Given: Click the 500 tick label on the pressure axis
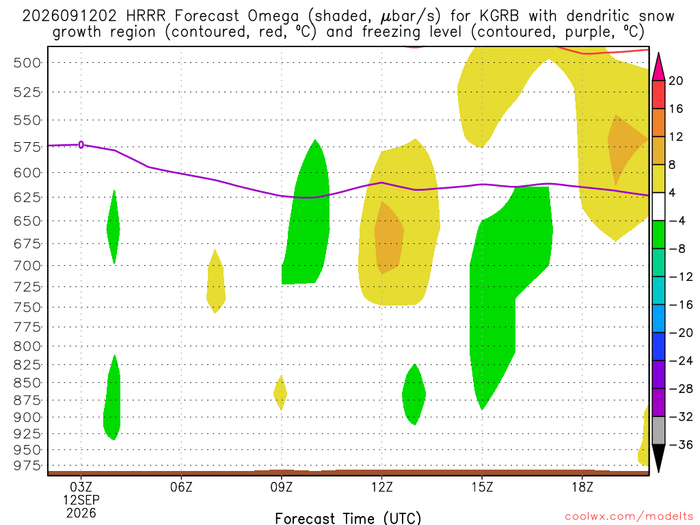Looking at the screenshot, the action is pos(27,63).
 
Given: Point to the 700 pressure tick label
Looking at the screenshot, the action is pos(27,266).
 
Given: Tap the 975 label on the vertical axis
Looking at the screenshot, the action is pos(27,466).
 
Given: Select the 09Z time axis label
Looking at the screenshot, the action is pos(281,487).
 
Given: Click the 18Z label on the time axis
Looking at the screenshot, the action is pos(582,487).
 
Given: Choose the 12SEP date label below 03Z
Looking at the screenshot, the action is pos(81,500).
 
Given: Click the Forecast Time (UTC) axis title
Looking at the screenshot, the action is pos(348,518).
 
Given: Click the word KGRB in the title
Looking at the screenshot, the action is pos(499,16).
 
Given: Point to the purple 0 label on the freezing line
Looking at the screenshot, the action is pos(81,145).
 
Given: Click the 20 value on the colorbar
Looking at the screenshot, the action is pos(675,81).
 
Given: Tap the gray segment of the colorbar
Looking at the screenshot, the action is pos(658,431).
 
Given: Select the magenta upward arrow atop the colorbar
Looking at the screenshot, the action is pos(658,67).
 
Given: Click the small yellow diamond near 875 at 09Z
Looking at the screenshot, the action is pos(280,393).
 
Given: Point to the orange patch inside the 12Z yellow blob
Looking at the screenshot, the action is pos(389,238).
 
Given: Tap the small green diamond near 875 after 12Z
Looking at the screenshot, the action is pos(414,394).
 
